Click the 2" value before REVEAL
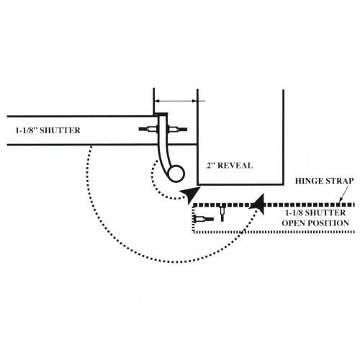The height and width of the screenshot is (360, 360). tap(210, 166)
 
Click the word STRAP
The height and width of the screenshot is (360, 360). tap(339, 181)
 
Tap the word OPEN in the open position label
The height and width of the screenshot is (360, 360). tap(294, 223)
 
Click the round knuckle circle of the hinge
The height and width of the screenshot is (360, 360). tap(176, 174)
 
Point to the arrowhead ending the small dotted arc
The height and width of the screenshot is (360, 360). tap(191, 194)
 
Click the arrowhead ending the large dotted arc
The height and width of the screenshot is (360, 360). tap(258, 204)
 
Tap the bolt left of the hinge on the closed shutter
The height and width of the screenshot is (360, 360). tap(148, 130)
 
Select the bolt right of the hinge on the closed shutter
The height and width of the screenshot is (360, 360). tap(178, 130)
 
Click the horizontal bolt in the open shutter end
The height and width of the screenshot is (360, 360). tap(204, 219)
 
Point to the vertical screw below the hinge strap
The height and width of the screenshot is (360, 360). tap(222, 213)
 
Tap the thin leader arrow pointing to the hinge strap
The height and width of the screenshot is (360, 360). tap(343, 194)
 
